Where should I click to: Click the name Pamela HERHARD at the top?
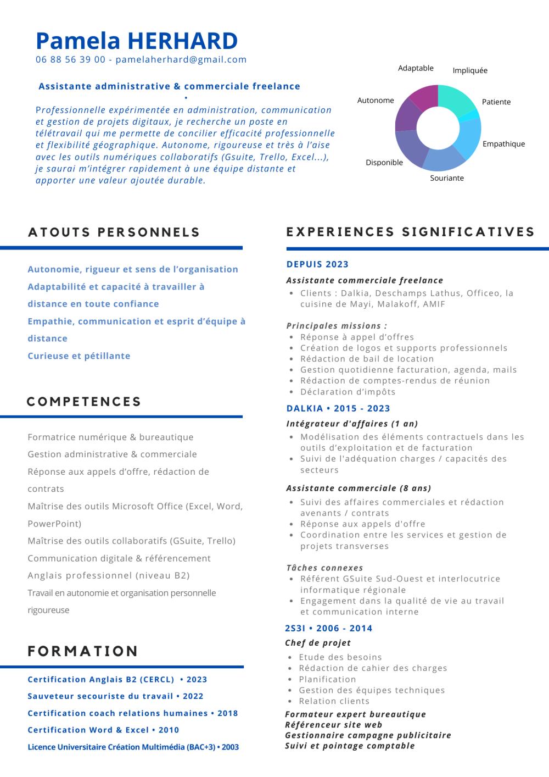point(137,41)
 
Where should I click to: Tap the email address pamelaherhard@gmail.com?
point(181,60)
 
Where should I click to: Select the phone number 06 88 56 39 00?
point(70,60)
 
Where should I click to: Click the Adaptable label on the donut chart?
point(416,68)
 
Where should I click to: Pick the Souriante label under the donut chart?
point(447,178)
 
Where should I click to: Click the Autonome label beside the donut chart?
point(376,101)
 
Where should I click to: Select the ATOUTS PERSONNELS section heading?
point(114,232)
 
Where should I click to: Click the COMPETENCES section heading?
point(84,402)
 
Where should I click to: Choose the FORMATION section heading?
point(83,651)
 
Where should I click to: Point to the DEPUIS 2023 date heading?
point(317,264)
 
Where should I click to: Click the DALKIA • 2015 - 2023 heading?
point(338,408)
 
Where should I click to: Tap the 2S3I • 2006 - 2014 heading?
point(328,628)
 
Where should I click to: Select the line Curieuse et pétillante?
point(79,356)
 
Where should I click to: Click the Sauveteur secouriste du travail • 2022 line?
point(115,696)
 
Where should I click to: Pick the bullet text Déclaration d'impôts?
point(348,392)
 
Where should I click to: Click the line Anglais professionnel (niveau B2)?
point(109,575)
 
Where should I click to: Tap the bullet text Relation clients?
point(334,701)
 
